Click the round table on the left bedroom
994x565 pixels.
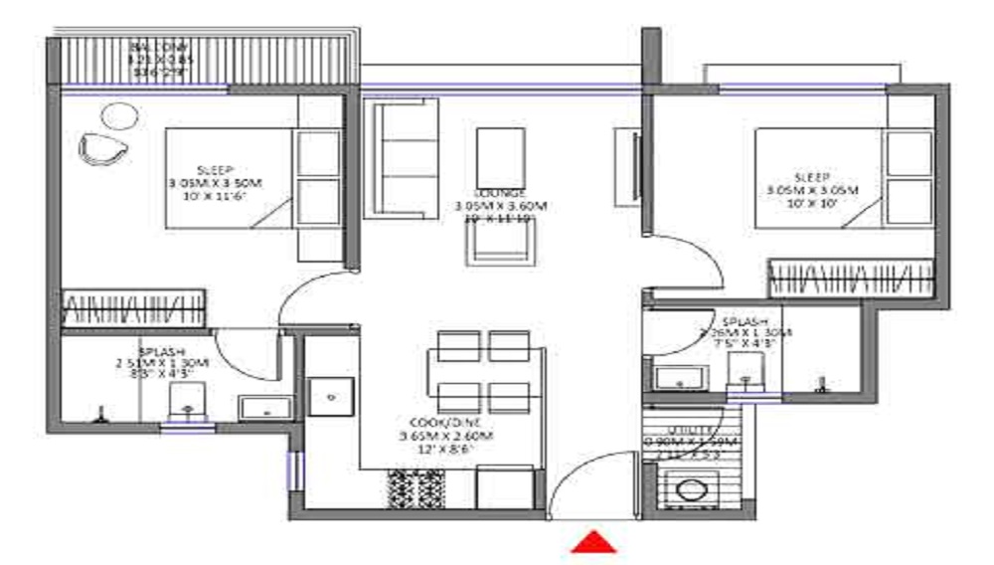click(x=117, y=114)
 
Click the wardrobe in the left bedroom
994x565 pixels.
click(x=133, y=307)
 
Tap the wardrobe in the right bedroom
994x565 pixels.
click(x=851, y=277)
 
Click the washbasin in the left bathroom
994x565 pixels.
click(x=264, y=408)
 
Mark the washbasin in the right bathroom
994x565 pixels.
click(x=681, y=378)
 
